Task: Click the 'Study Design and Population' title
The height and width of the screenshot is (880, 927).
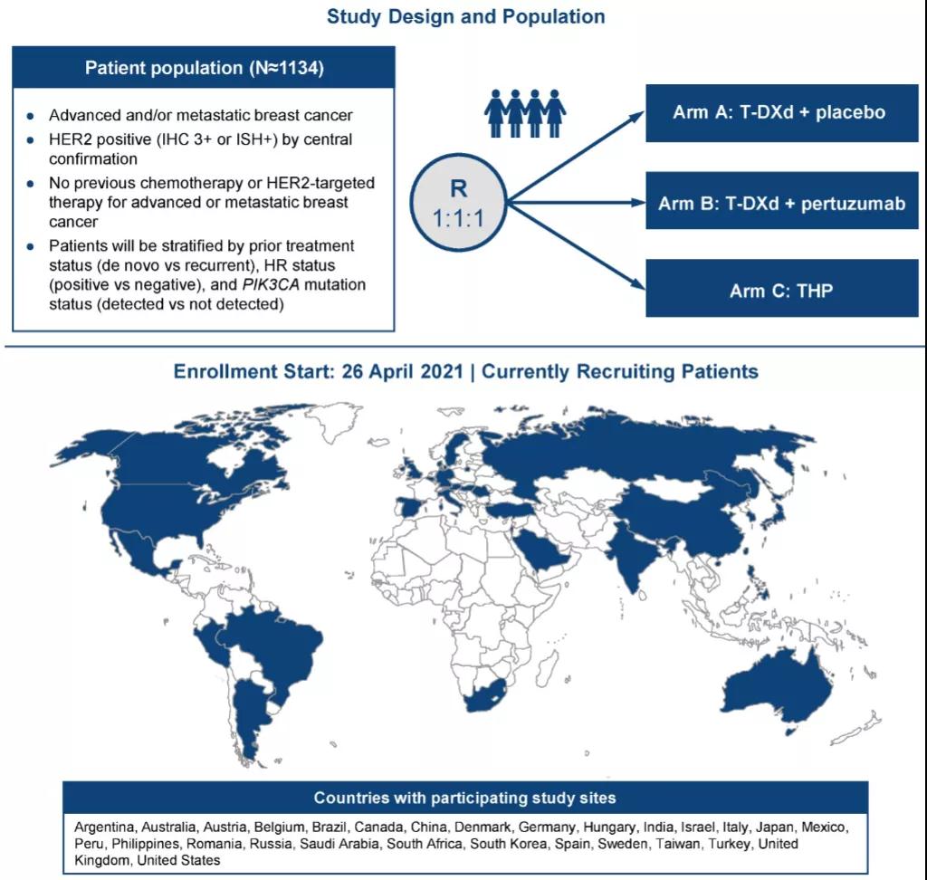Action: click(x=465, y=17)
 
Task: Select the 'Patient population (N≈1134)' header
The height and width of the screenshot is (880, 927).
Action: click(x=203, y=68)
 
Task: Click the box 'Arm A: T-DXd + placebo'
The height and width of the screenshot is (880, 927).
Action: click(x=781, y=113)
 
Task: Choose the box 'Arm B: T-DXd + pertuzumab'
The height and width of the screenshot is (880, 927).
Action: click(x=781, y=203)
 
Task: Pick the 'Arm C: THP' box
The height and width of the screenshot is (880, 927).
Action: click(x=781, y=291)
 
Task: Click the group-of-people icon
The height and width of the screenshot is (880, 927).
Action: click(x=525, y=113)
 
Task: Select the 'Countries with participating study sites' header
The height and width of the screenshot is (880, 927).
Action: click(x=464, y=798)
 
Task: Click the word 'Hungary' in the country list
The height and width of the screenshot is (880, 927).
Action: click(x=608, y=827)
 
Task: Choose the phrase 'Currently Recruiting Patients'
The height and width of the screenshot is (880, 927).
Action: click(x=620, y=371)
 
